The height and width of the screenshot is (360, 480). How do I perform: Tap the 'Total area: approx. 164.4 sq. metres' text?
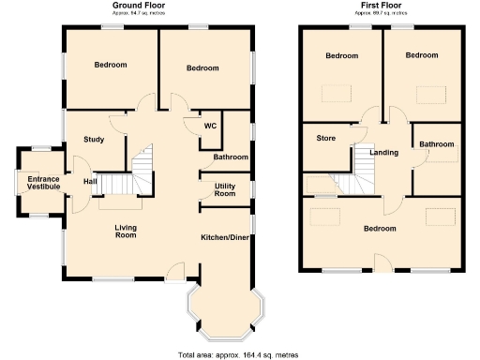point(240,354)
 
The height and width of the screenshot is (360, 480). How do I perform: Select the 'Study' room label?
point(93,140)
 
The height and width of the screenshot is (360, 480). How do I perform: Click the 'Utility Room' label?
point(225,190)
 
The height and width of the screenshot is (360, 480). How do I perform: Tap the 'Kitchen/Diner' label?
point(225,237)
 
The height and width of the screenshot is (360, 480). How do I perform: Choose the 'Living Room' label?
point(126,231)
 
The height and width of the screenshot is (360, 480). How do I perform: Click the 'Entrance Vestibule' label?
point(43,183)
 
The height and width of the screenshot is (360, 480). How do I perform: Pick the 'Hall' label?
point(90,181)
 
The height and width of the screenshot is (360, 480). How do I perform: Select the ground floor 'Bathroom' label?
point(231,157)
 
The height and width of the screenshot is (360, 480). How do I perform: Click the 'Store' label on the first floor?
point(325,139)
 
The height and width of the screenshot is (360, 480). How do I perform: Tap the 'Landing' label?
point(384,153)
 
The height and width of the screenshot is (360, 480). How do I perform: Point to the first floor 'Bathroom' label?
point(437,144)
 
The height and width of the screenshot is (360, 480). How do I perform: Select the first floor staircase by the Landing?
point(364,166)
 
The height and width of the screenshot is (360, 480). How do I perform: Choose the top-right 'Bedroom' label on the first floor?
point(422,56)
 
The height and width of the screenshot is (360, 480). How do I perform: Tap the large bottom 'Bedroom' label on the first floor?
point(380,228)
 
